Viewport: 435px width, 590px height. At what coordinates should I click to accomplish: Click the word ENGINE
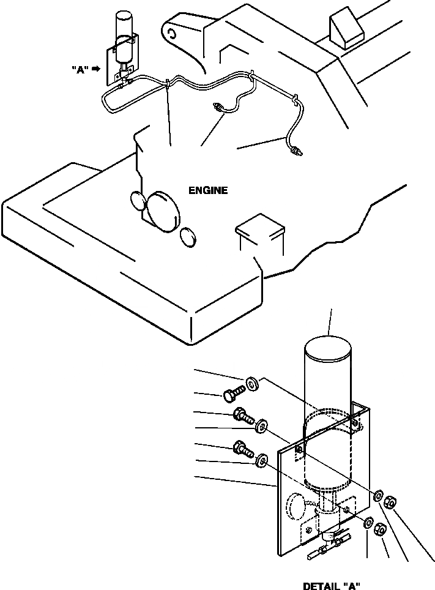[208, 190]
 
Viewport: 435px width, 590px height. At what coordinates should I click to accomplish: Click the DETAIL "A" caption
[332, 586]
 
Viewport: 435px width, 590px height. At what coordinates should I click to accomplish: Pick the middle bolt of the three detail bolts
[244, 417]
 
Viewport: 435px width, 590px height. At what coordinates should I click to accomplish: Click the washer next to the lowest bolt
[262, 459]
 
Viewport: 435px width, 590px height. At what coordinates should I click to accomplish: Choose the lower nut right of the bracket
[380, 528]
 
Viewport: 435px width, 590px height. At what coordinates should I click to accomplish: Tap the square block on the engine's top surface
[260, 226]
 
